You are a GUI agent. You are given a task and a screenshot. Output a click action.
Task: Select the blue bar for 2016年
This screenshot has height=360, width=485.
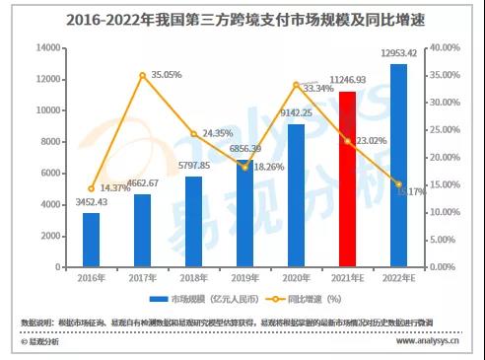(91, 240)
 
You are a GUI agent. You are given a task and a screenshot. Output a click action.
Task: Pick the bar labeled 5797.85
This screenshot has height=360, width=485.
(193, 221)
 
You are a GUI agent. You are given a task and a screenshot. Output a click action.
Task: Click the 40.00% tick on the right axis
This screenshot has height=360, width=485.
(445, 47)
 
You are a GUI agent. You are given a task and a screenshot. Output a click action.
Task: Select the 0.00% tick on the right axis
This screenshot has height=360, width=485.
(443, 267)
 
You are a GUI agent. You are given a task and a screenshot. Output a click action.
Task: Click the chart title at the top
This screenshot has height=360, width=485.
(242, 18)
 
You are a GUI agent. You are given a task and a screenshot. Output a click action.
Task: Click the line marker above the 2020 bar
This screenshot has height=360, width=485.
(296, 84)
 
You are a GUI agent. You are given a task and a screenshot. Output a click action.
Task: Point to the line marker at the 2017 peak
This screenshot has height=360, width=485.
(142, 75)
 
